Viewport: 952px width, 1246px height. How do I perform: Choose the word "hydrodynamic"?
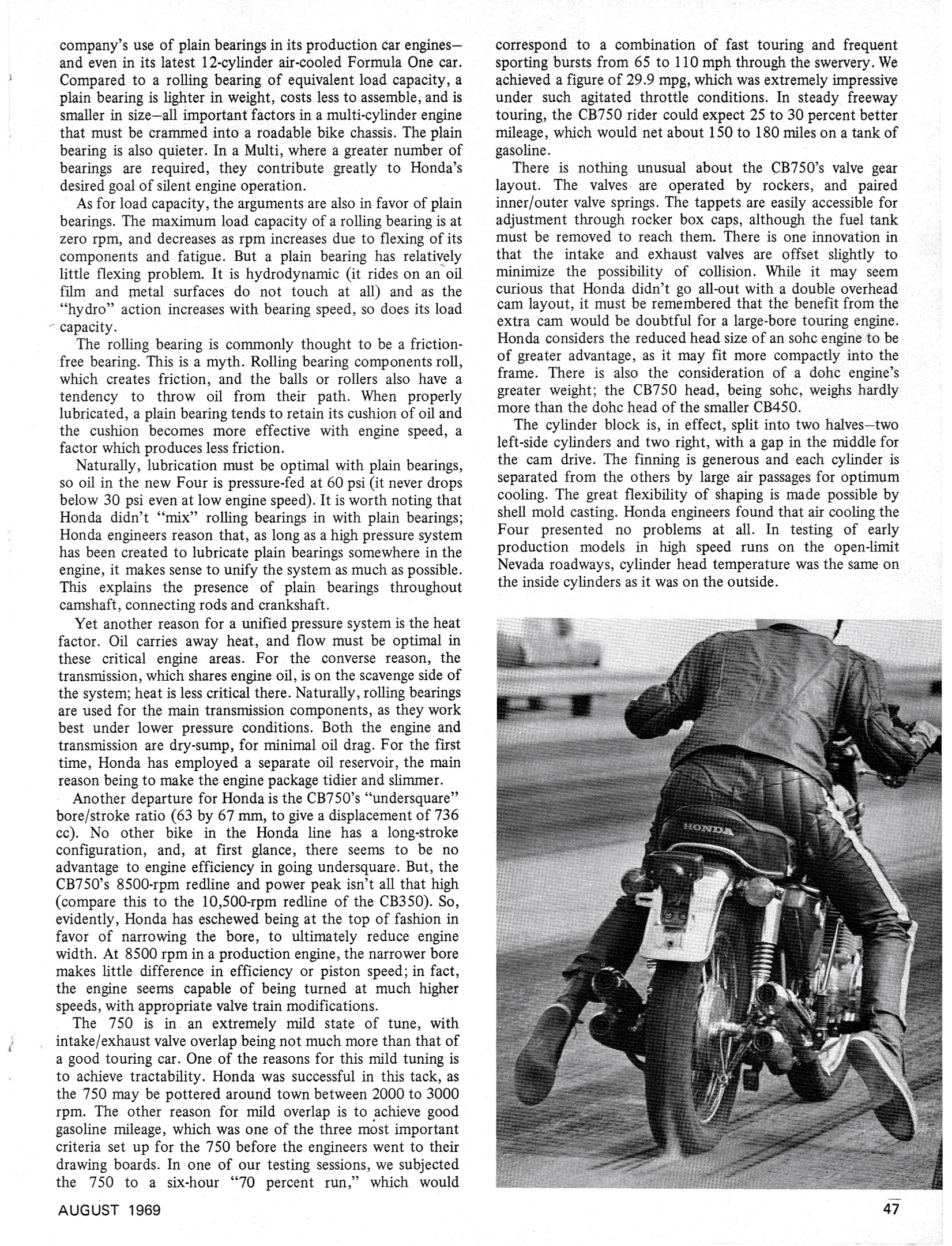243,274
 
